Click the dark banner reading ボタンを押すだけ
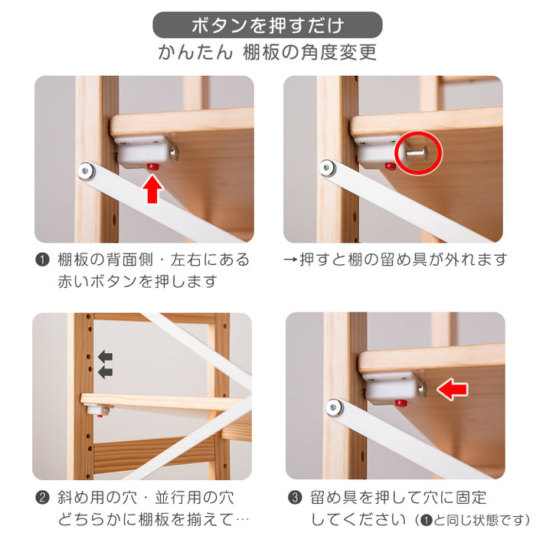click(267, 25)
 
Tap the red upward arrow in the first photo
click(152, 189)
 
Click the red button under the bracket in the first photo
click(153, 166)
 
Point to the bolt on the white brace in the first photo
click(86, 170)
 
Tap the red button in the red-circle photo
click(390, 166)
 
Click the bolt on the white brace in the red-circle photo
click(328, 168)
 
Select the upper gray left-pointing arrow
click(106, 357)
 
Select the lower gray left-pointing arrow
click(106, 373)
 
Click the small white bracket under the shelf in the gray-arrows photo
click(99, 410)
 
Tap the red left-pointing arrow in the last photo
click(453, 389)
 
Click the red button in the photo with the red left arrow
click(401, 403)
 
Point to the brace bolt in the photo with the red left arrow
click(334, 407)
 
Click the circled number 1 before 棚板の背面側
click(42, 260)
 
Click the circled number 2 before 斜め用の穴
click(42, 498)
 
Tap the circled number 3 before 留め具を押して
click(295, 498)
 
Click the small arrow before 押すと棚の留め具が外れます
click(290, 260)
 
